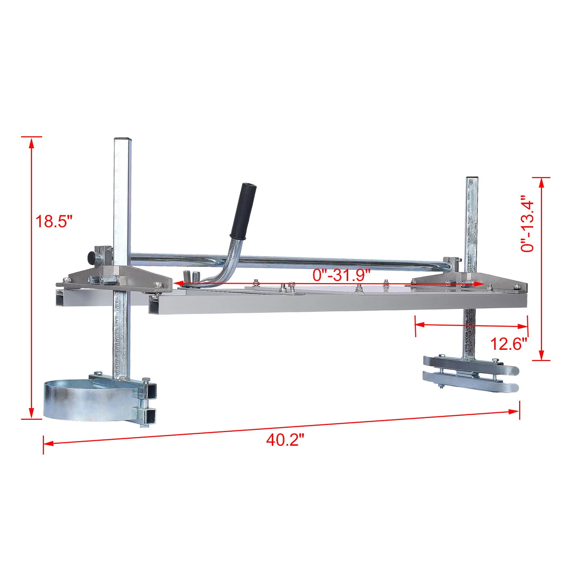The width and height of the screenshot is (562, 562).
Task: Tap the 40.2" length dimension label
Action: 285,440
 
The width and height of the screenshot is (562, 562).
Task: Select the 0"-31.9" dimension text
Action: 341,274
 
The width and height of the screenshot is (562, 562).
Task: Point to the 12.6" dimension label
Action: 509,344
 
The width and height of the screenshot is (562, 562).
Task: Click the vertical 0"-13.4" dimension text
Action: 528,223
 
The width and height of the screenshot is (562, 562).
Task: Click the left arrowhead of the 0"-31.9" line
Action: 178,283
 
